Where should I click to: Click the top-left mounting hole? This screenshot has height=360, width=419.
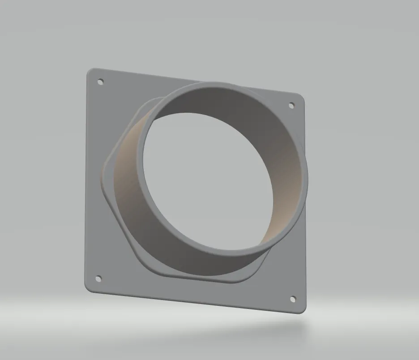101,82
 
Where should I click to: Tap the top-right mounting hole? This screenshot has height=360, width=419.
291,105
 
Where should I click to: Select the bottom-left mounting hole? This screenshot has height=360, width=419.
98,278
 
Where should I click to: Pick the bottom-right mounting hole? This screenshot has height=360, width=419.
293,299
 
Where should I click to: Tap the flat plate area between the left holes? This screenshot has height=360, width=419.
96,179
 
